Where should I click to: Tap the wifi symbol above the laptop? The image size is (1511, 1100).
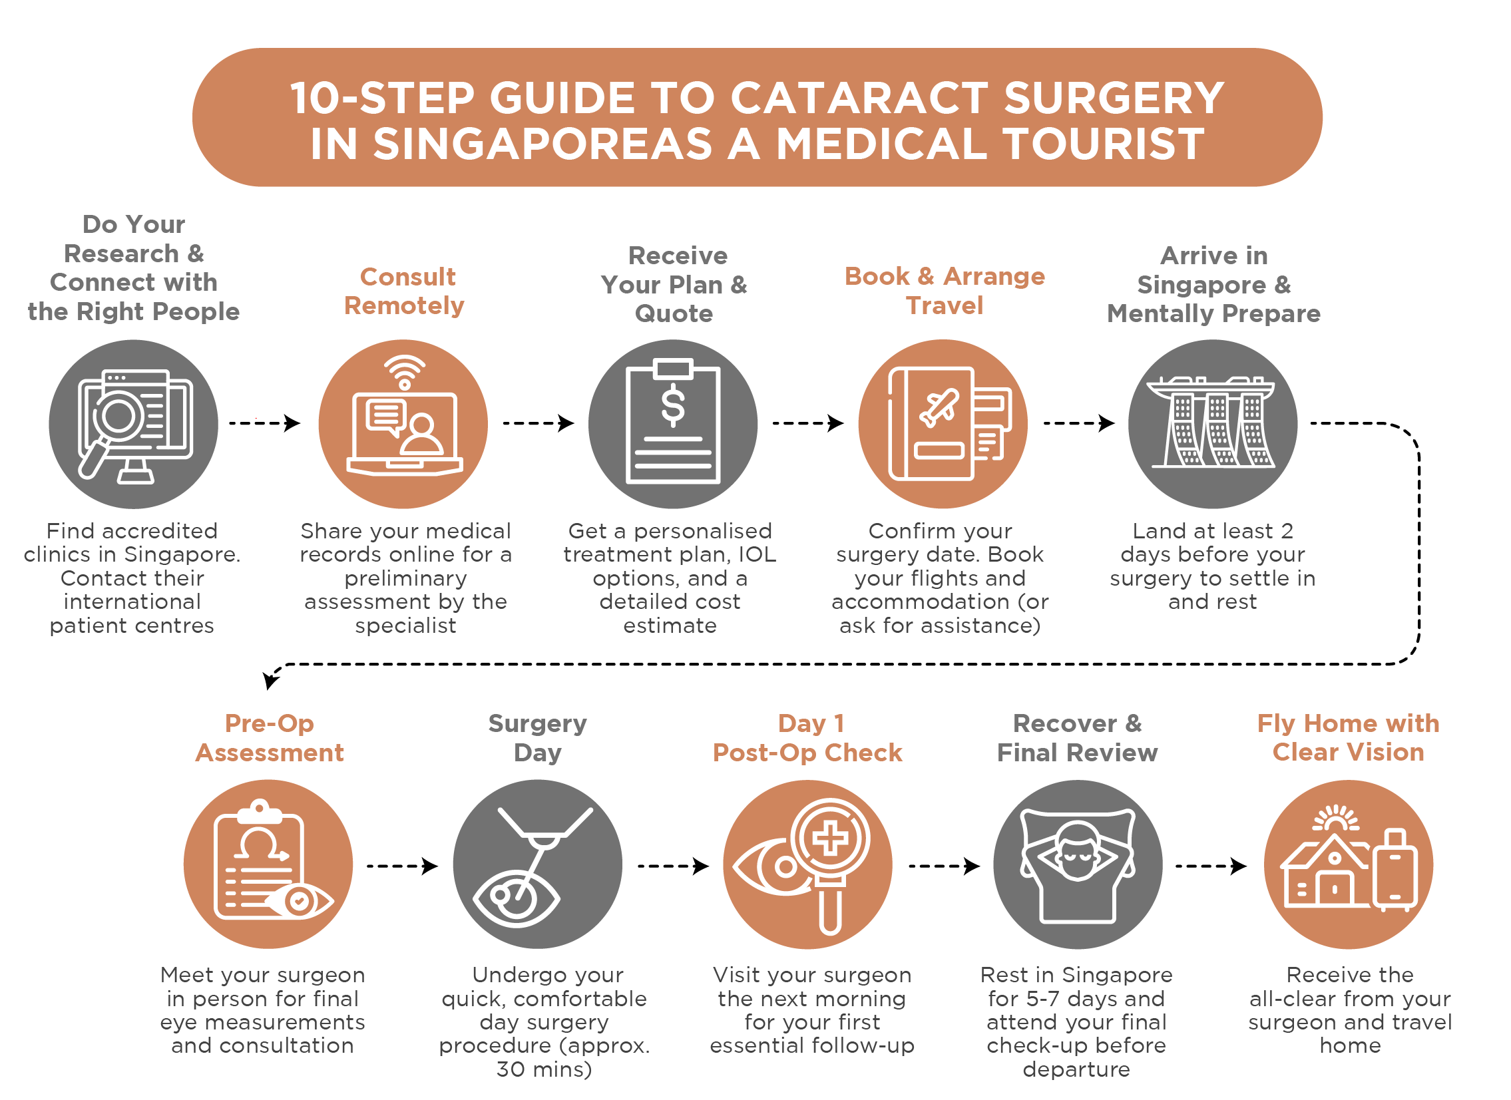[x=405, y=373]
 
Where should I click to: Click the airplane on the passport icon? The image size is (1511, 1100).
[x=939, y=407]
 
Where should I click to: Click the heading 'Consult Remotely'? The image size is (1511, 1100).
[x=405, y=291]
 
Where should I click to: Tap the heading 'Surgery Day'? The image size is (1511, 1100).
[x=538, y=738]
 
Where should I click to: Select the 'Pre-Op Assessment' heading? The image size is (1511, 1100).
[x=269, y=738]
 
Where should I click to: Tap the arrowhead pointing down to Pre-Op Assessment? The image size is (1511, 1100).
[x=270, y=680]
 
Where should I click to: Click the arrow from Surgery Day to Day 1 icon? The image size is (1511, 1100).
[x=673, y=866]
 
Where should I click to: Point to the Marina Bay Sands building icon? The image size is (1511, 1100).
[x=1213, y=423]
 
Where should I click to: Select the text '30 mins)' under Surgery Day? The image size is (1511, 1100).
[x=544, y=1069]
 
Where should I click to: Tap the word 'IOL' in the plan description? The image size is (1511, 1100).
[x=757, y=555]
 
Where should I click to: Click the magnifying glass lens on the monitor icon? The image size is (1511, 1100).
[x=118, y=416]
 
